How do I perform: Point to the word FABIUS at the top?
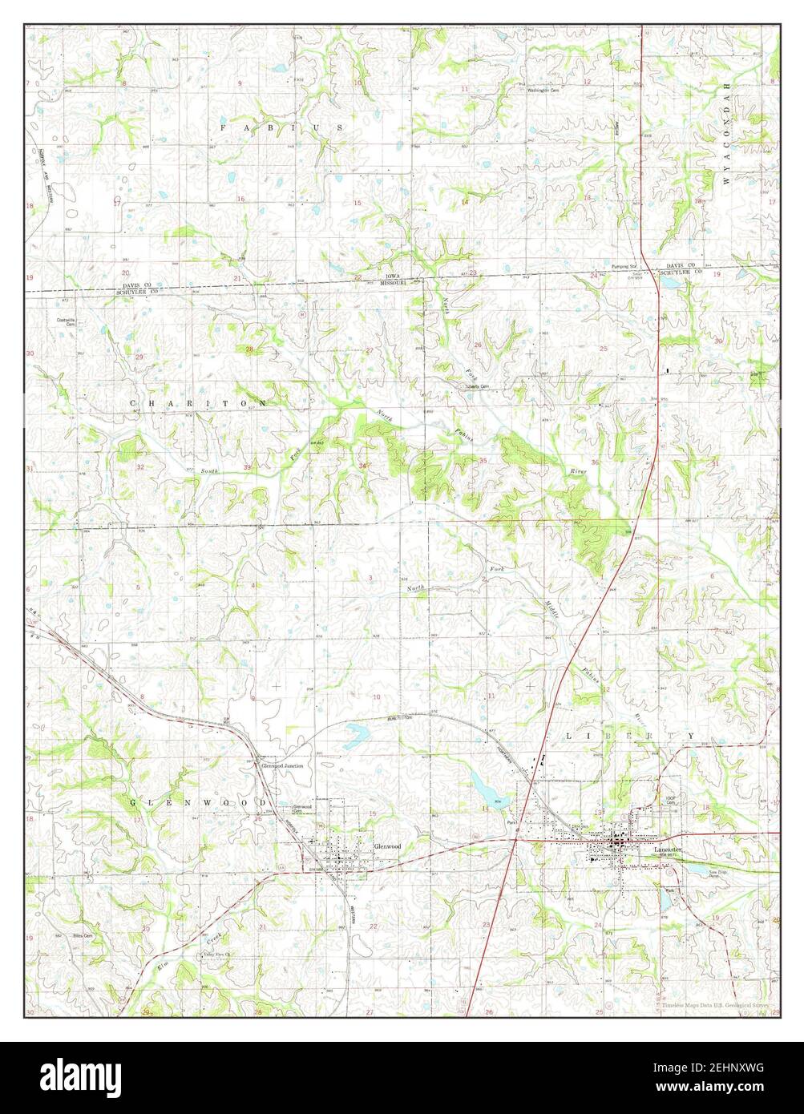pyautogui.click(x=281, y=127)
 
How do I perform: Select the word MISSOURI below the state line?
pyautogui.click(x=390, y=283)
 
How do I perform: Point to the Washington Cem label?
pyautogui.click(x=542, y=90)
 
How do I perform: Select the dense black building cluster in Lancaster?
pyautogui.click(x=618, y=844)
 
